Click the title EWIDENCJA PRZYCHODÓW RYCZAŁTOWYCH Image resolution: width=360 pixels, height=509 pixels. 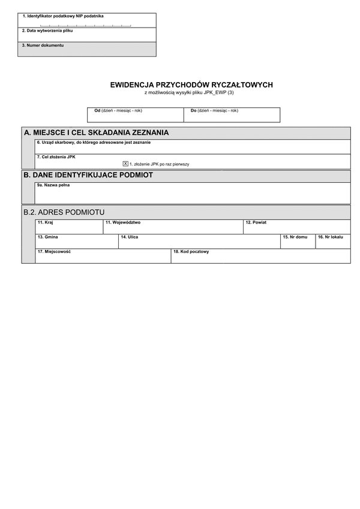click(191, 85)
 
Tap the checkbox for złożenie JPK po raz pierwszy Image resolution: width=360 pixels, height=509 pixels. click(125, 163)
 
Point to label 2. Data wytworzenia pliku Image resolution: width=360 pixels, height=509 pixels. click(47, 31)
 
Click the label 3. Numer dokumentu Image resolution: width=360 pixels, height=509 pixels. click(43, 46)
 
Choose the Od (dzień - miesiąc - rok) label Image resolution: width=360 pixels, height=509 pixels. click(118, 111)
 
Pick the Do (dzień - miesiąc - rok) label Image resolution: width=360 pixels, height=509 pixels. click(214, 111)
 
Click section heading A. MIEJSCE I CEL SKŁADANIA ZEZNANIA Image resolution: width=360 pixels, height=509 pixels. click(96, 132)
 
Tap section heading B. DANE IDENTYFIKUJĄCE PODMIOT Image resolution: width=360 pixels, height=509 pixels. click(88, 175)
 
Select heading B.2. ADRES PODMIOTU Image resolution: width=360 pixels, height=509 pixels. click(64, 212)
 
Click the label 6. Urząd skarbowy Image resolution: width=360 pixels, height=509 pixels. click(94, 143)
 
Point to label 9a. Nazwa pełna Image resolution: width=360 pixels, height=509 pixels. click(53, 185)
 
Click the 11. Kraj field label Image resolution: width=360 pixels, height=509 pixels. click(46, 222)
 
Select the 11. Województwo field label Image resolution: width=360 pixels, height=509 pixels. click(122, 222)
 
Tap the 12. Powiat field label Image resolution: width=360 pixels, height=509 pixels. click(256, 222)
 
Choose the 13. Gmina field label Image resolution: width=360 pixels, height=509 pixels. click(48, 237)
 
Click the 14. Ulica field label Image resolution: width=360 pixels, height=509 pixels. click(129, 237)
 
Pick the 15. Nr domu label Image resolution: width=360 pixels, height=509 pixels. click(295, 237)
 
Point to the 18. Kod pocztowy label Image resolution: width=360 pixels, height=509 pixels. click(191, 252)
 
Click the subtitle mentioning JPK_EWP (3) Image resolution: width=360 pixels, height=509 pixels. click(191, 93)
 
